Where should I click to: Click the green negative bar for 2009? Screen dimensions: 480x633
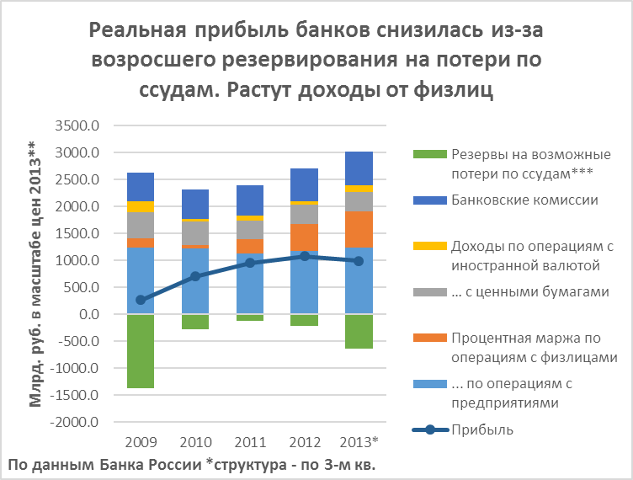[140, 350]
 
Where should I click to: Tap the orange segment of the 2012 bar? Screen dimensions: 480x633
[305, 237]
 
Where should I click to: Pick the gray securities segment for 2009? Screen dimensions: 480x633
[140, 225]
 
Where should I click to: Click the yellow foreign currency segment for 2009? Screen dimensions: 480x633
[140, 206]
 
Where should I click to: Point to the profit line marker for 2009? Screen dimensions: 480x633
[140, 300]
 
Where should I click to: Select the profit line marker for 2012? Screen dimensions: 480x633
[305, 256]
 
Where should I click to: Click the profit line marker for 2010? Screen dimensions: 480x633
[195, 276]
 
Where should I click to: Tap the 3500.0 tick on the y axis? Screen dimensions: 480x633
[77, 126]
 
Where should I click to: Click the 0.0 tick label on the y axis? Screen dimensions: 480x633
[87, 314]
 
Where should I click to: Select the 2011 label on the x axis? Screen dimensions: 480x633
[250, 441]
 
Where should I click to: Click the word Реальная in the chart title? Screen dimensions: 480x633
[139, 33]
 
